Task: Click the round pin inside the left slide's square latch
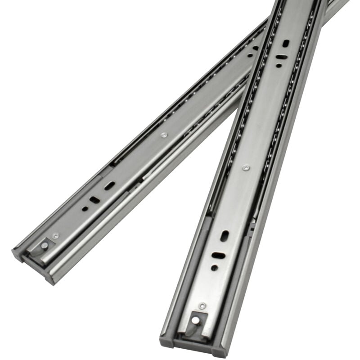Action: point(45,245)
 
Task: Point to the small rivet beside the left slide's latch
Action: point(55,236)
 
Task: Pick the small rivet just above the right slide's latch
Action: point(202,306)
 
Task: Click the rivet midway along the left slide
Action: point(163,135)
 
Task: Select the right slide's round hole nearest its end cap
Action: point(214,267)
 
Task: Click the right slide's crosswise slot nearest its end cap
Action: point(218,256)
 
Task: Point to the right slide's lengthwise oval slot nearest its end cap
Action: point(224,236)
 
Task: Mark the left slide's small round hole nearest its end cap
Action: point(85,209)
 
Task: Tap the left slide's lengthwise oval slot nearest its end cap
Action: point(110,185)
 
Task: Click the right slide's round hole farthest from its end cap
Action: point(279,66)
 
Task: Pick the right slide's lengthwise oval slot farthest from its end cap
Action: point(286,43)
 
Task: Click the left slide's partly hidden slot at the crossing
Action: point(255,48)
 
